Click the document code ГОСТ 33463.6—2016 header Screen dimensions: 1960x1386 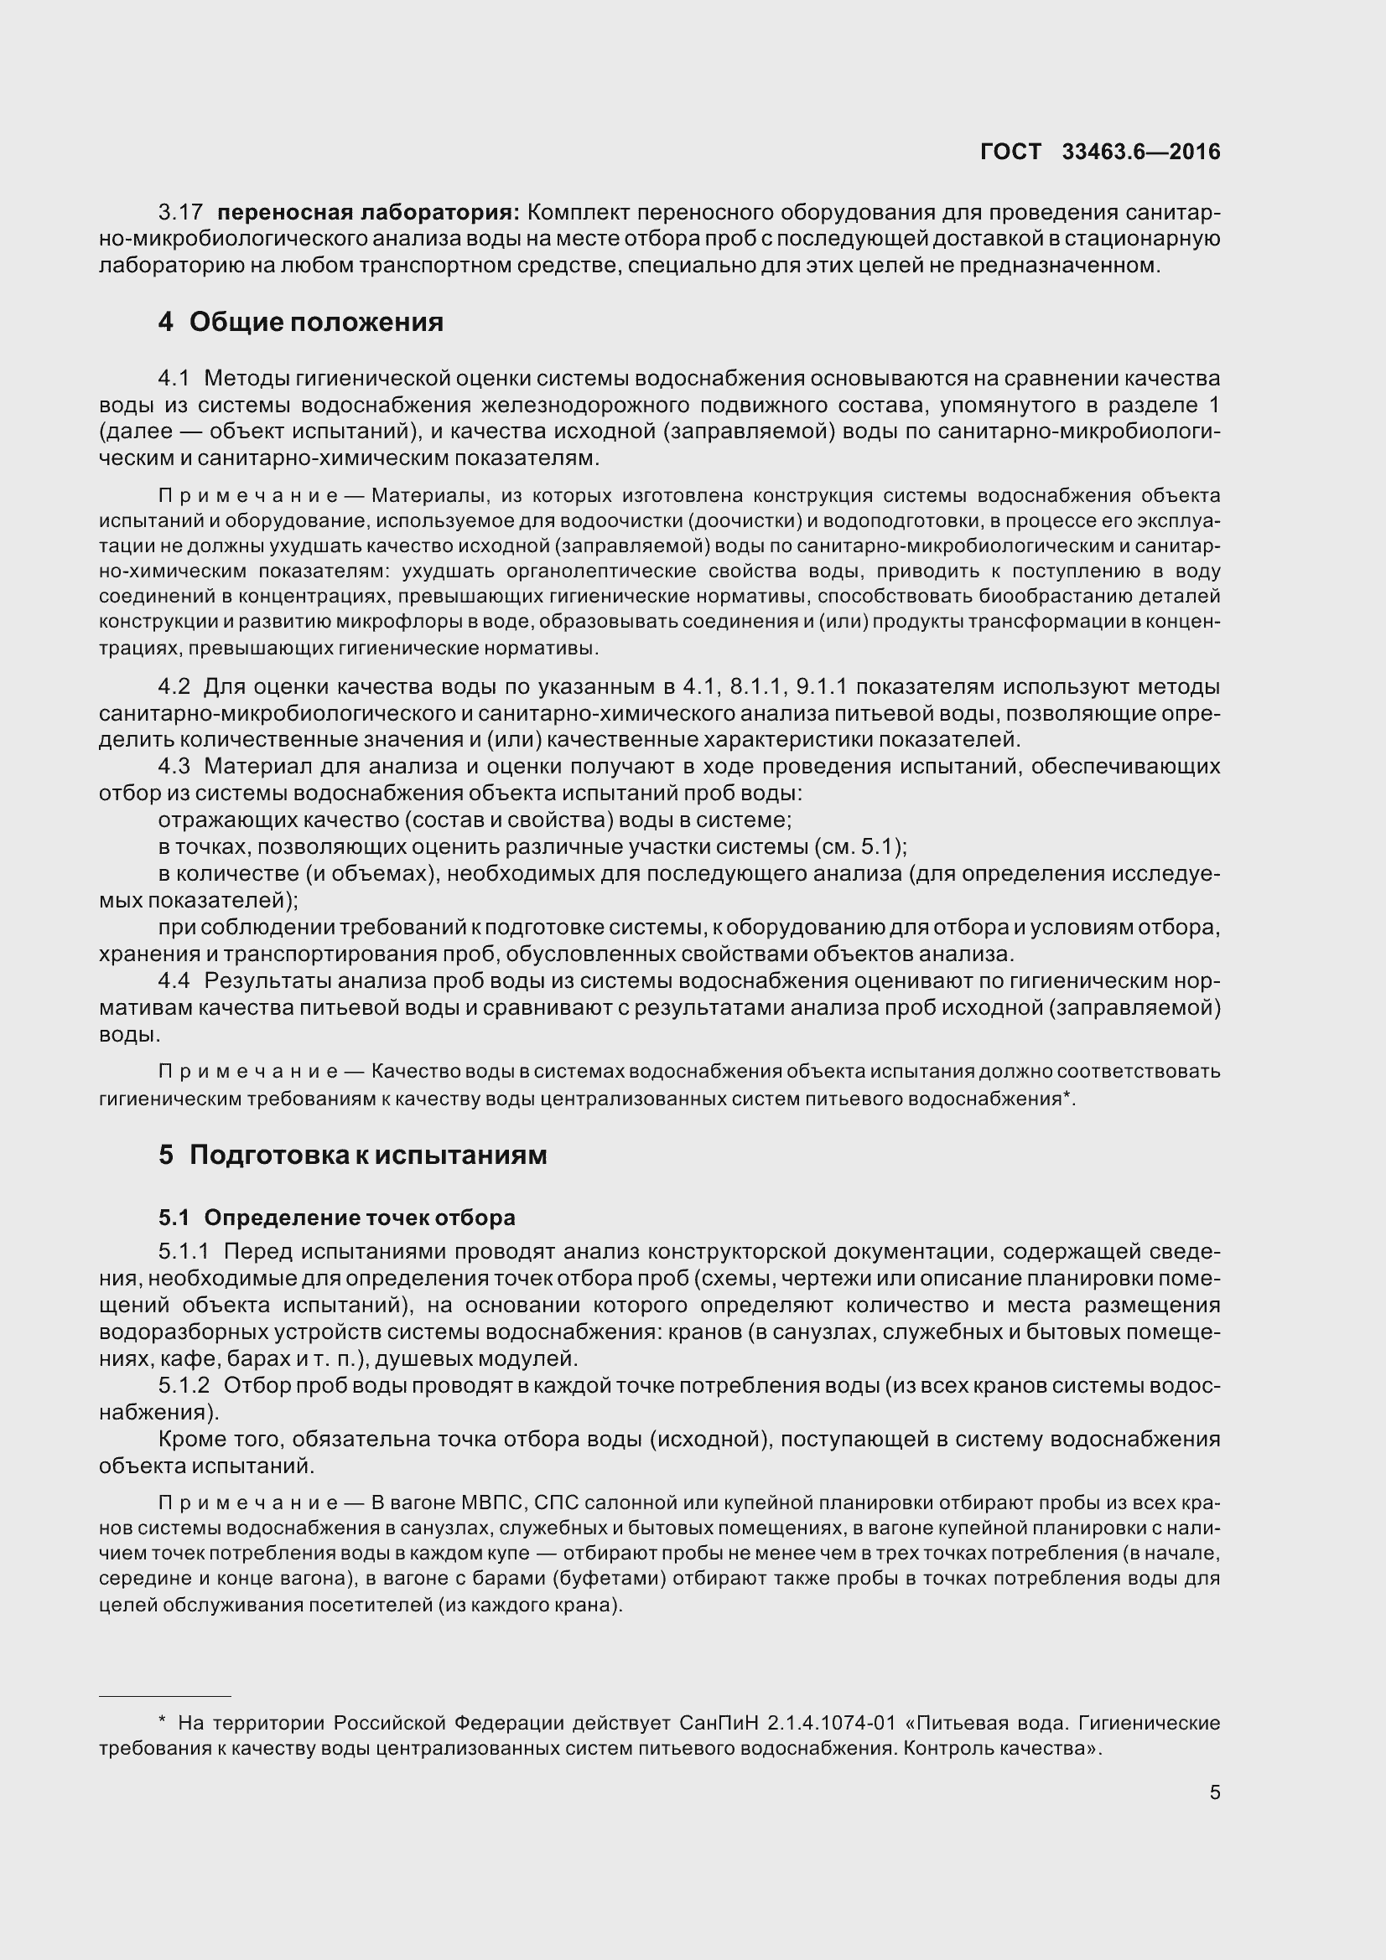point(1100,152)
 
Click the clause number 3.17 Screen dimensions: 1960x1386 point(180,212)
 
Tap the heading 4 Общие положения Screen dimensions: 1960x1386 point(301,322)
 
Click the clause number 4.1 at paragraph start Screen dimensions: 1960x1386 point(175,377)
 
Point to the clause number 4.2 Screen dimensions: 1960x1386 point(175,686)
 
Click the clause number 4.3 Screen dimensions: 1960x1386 point(175,766)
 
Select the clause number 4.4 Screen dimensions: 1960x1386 point(175,981)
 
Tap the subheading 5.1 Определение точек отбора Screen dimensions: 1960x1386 point(336,1218)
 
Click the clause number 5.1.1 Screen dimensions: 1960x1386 point(184,1251)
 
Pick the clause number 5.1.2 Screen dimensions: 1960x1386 point(184,1385)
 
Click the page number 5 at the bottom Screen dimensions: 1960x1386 point(1214,1792)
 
